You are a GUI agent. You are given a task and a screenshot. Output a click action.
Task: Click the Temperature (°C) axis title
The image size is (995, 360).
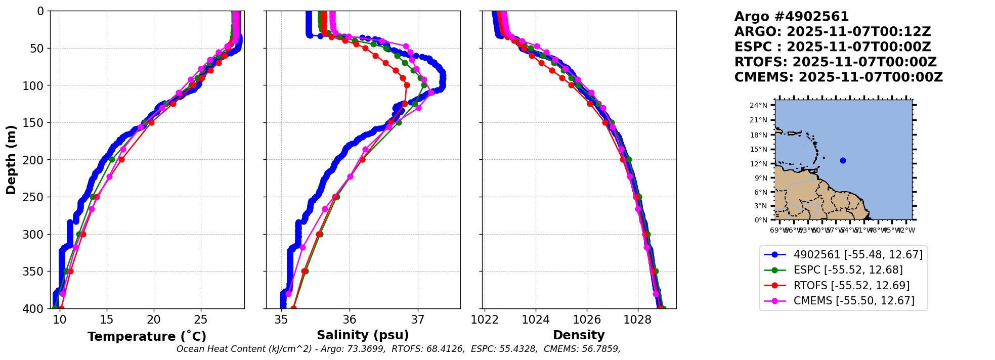click(147, 337)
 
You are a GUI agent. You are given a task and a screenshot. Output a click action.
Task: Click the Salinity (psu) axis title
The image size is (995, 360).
click(363, 335)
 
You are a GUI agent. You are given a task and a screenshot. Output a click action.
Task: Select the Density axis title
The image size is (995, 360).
click(579, 335)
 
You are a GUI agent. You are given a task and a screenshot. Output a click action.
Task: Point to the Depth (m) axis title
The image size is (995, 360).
click(11, 159)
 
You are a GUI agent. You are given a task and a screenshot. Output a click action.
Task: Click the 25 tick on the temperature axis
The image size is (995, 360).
click(201, 320)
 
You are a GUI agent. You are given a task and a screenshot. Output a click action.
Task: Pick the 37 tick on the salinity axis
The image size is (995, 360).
click(418, 320)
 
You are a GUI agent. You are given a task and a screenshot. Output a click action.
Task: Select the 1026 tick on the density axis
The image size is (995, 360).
click(587, 320)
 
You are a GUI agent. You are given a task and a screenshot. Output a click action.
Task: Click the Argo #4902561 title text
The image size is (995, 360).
click(792, 17)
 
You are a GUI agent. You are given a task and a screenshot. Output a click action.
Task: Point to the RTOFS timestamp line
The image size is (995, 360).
click(836, 62)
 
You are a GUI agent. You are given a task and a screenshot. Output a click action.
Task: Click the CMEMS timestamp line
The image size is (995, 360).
click(839, 77)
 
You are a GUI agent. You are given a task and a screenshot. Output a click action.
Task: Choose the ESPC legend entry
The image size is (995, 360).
click(848, 270)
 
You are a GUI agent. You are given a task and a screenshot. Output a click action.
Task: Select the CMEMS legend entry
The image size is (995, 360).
click(854, 301)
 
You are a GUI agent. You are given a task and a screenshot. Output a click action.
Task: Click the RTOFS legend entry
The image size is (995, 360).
click(851, 286)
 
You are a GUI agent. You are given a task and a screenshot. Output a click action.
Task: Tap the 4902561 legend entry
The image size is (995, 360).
click(858, 255)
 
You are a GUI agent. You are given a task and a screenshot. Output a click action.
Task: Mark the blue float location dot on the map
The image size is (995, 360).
click(843, 161)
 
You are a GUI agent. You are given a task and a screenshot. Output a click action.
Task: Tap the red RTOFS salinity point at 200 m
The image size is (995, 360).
click(362, 159)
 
